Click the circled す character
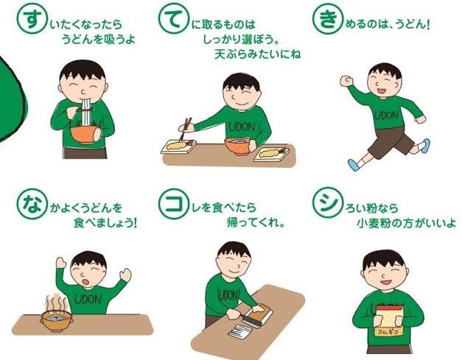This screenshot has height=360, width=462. click(31, 19)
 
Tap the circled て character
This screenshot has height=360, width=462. click(173, 19)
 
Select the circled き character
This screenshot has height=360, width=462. click(327, 19)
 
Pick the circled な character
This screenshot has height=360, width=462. click(32, 204)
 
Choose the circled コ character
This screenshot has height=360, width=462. click(173, 204)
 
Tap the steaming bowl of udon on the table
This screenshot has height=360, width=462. click(56, 320)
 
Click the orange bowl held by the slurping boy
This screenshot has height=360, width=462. click(85, 134)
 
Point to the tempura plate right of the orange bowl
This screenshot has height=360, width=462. click(271, 154)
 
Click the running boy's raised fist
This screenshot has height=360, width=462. click(346, 81)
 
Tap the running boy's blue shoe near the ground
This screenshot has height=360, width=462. click(354, 165)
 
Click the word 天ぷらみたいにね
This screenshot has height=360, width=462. click(257, 54)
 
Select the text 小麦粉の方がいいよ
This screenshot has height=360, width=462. click(406, 223)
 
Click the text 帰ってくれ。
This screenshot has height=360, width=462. click(256, 223)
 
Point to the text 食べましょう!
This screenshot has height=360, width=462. click(105, 223)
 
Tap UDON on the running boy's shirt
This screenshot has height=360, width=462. click(387, 116)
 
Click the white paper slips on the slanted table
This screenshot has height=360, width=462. click(239, 331)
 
